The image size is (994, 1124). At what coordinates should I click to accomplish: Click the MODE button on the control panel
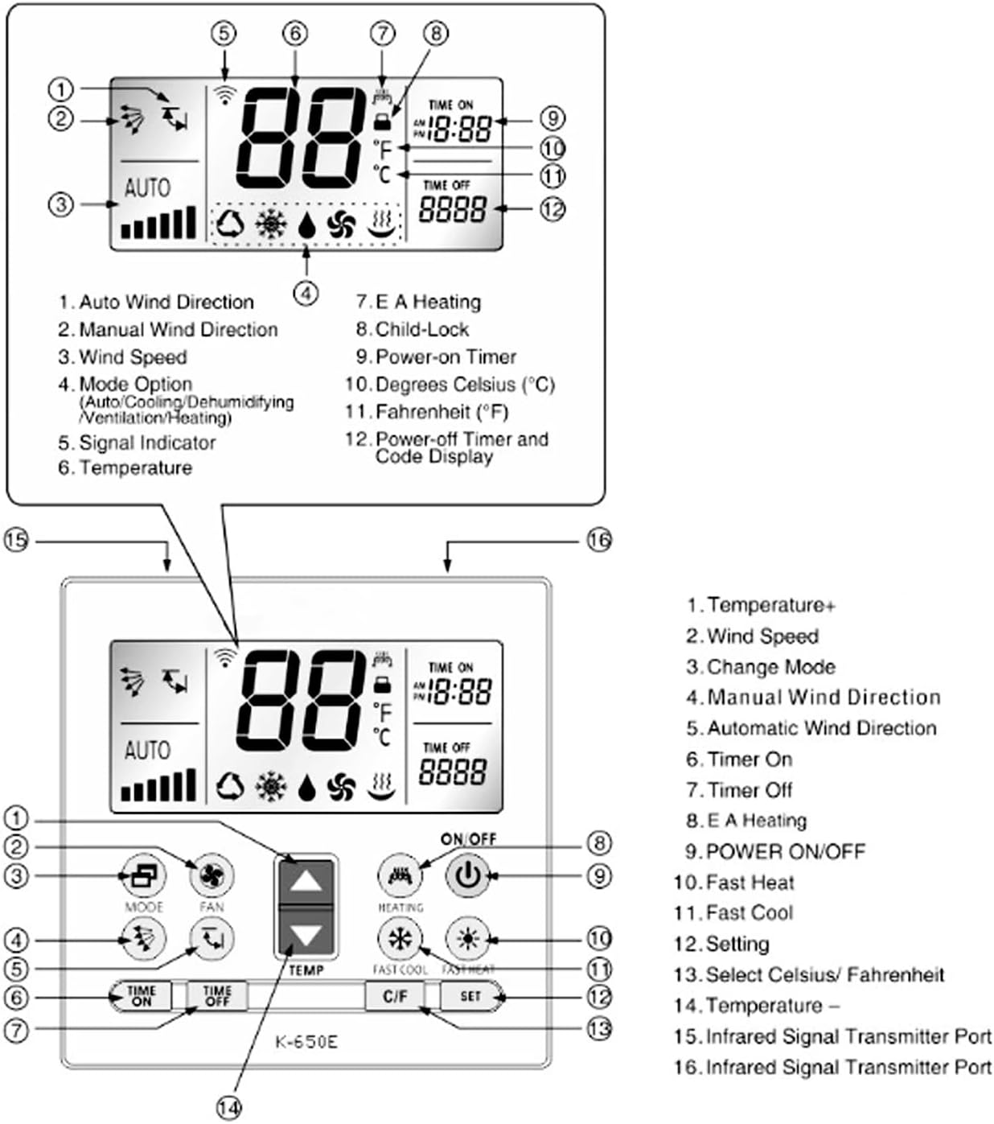pyautogui.click(x=143, y=876)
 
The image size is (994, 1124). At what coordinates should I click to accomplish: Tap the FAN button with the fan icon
pyautogui.click(x=212, y=876)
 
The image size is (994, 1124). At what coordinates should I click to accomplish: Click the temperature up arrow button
pyautogui.click(x=306, y=881)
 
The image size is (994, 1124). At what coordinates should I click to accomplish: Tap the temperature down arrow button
pyautogui.click(x=306, y=934)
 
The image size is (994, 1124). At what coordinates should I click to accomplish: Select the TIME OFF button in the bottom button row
pyautogui.click(x=217, y=996)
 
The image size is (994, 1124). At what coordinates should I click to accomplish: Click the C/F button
pyautogui.click(x=395, y=996)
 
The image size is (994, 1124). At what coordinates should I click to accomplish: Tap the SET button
pyautogui.click(x=470, y=996)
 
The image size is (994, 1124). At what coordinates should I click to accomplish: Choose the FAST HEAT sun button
pyautogui.click(x=468, y=938)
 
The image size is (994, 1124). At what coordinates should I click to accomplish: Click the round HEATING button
pyautogui.click(x=400, y=875)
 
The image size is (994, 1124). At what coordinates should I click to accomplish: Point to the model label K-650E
pyautogui.click(x=306, y=1042)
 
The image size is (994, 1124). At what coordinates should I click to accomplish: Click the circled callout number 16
pyautogui.click(x=598, y=540)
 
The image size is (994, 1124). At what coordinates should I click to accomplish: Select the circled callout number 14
pyautogui.click(x=228, y=1108)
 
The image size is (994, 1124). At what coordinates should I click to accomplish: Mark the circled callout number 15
pyautogui.click(x=16, y=540)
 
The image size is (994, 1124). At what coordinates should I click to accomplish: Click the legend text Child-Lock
pyautogui.click(x=422, y=329)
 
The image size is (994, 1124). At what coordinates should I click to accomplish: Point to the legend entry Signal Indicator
pyautogui.click(x=147, y=443)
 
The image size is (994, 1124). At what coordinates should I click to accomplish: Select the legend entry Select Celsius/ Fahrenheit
pyautogui.click(x=824, y=975)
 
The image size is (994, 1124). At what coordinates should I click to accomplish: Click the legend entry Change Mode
pyautogui.click(x=770, y=667)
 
